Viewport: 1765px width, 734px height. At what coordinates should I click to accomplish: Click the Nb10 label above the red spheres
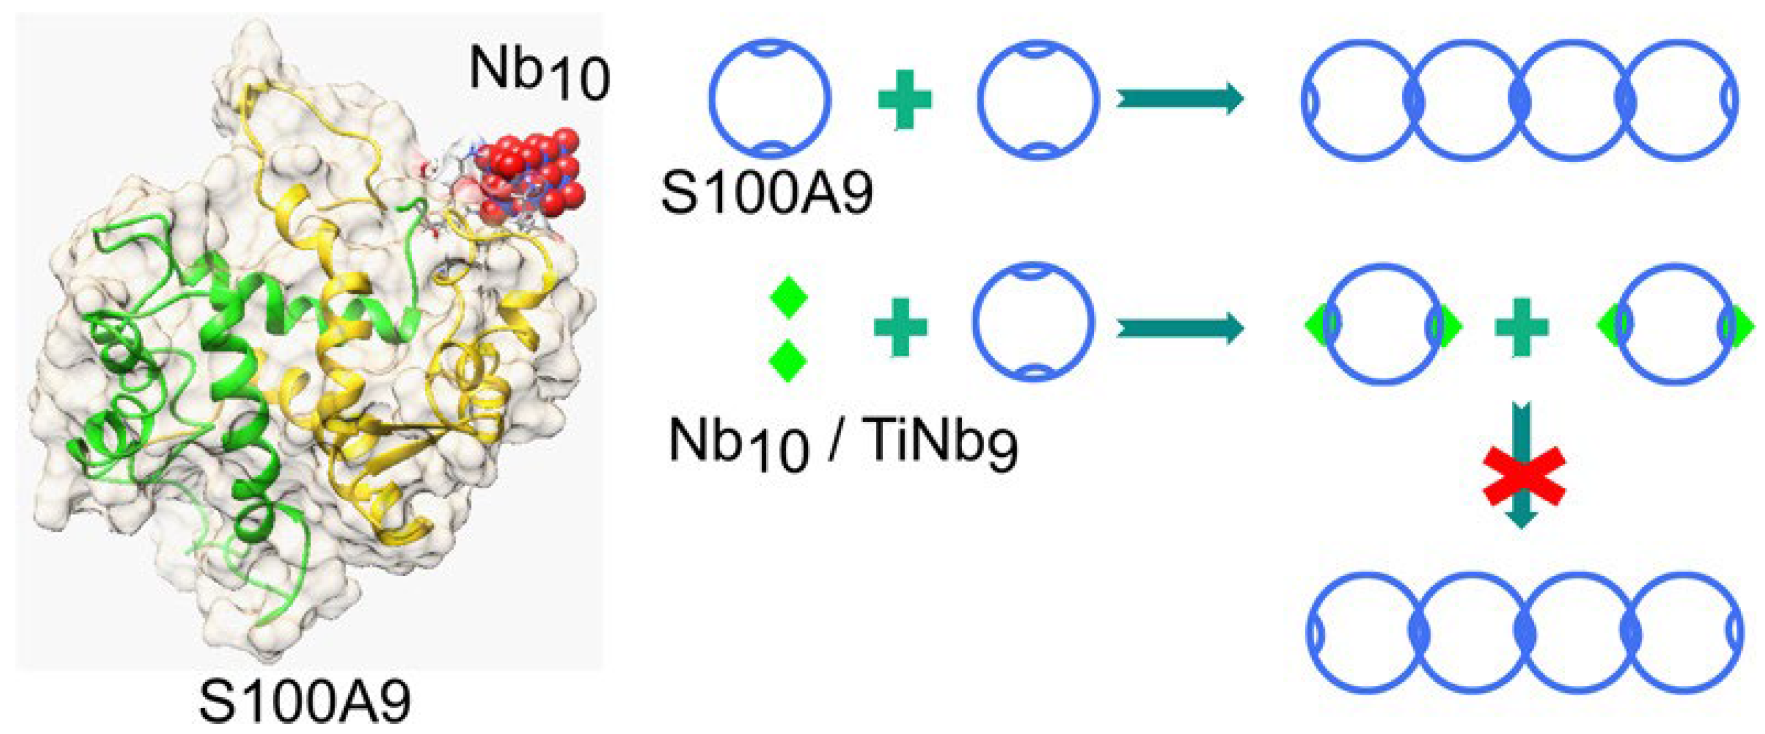coord(538,72)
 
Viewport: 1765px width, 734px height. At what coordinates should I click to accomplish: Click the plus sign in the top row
coord(905,100)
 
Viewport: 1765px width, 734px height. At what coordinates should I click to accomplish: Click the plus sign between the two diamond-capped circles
coord(1522,327)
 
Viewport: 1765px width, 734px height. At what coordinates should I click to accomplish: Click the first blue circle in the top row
coord(769,98)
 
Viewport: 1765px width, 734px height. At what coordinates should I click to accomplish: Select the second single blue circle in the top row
coord(1038,98)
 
